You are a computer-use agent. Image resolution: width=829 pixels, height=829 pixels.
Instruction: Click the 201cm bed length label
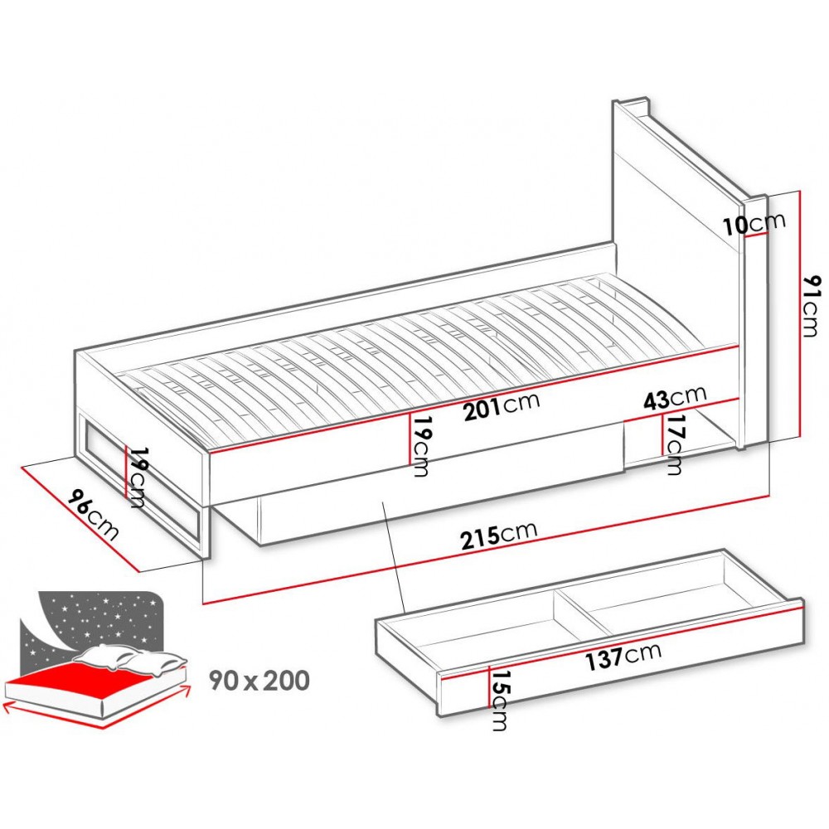[501, 405]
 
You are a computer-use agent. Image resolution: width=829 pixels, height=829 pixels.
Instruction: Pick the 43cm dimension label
[674, 399]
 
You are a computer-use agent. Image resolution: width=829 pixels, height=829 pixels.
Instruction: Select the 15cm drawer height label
[498, 701]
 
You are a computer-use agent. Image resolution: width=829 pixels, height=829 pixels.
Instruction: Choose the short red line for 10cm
[756, 235]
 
